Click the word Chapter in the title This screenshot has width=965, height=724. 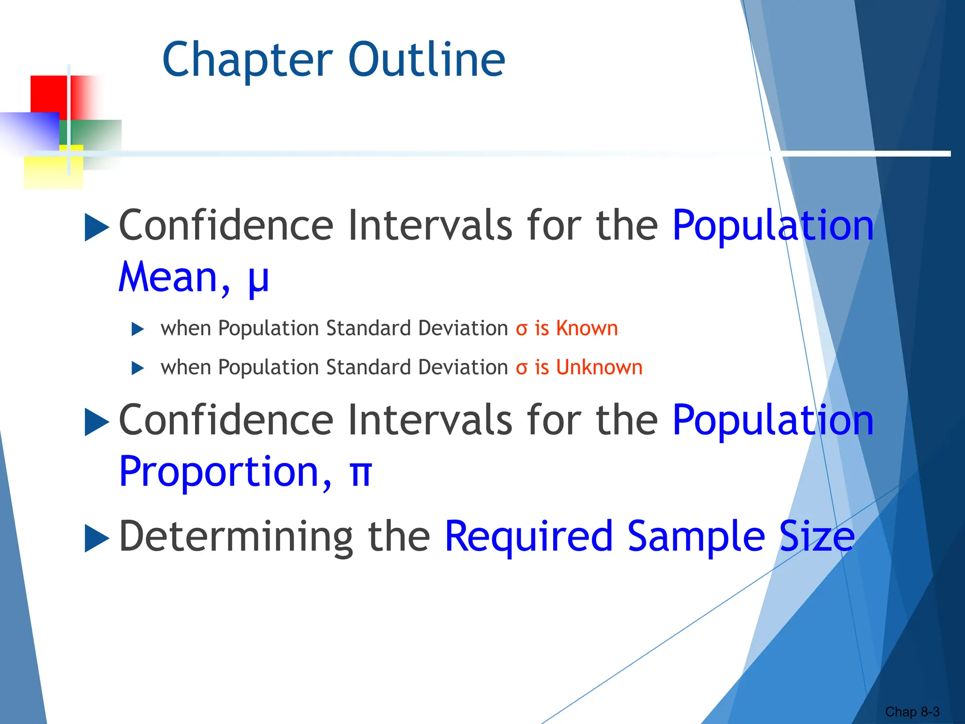248,60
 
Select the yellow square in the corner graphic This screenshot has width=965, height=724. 47,172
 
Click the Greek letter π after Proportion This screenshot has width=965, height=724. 361,473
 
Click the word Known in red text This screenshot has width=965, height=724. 587,328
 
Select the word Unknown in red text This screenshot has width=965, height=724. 599,367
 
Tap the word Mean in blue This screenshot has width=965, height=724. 168,278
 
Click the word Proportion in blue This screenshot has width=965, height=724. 220,472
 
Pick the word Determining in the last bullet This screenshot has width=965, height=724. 236,537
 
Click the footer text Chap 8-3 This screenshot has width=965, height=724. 912,712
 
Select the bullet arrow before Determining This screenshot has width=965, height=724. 96,538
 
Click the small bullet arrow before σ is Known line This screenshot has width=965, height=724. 137,329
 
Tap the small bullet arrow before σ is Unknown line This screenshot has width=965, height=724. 137,368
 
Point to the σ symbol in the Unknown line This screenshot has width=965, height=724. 521,369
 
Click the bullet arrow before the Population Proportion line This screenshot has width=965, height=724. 96,421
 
